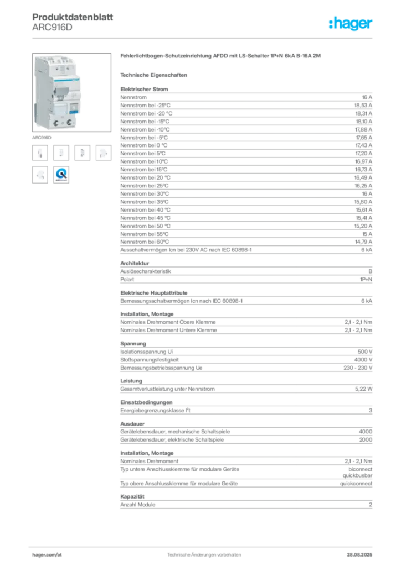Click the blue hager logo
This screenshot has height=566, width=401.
coord(351,24)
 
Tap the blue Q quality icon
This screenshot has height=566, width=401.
coord(61,175)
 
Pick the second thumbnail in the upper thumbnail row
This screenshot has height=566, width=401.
coord(62,153)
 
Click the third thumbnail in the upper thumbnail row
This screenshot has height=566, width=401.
coord(83,153)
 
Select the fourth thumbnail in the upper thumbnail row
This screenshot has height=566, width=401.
coord(103,153)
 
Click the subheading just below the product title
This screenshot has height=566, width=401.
coord(156,75)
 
